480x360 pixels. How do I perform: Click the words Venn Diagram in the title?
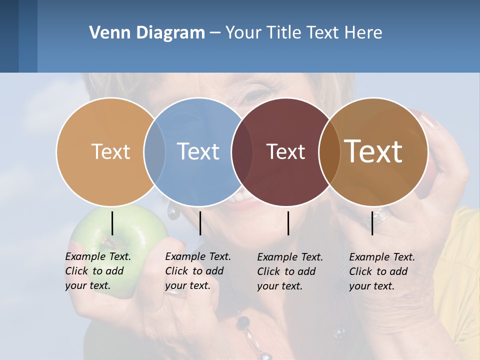[x=147, y=33]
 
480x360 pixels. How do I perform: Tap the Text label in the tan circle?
[x=110, y=151]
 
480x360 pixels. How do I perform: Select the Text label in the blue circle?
[x=198, y=151]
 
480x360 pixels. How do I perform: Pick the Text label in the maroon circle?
[x=286, y=151]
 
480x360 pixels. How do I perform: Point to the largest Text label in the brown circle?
[x=373, y=151]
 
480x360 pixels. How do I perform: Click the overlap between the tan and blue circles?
[x=154, y=151]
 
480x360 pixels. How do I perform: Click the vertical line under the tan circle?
[x=112, y=223]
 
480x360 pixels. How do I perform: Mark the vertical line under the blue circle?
[x=200, y=223]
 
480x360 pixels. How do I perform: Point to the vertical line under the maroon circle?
[x=288, y=223]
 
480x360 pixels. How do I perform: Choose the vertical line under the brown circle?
[x=372, y=223]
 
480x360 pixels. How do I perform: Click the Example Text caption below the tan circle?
[x=98, y=271]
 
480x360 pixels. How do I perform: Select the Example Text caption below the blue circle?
[x=198, y=271]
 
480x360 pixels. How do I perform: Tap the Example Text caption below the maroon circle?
[x=290, y=271]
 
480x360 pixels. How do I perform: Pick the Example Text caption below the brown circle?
[x=382, y=271]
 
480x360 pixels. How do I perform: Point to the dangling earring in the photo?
[x=173, y=212]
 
